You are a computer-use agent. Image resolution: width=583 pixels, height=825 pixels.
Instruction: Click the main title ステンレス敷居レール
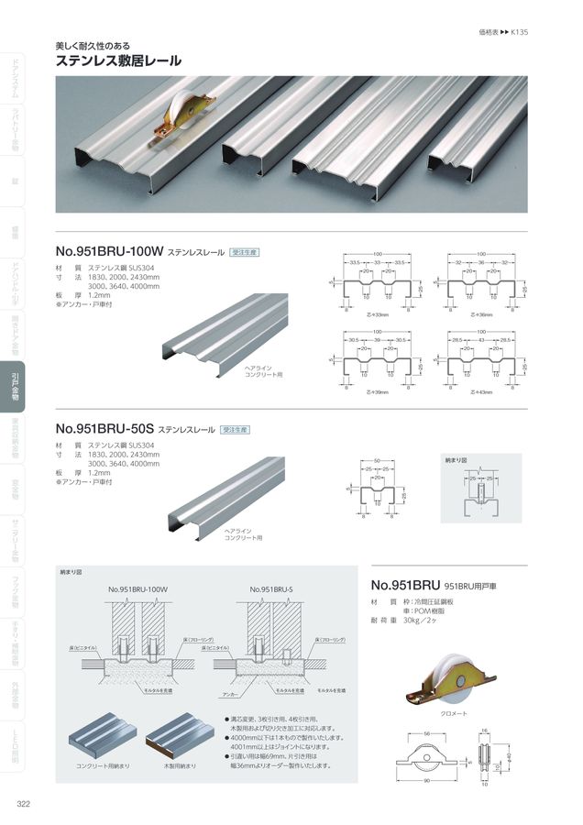tap(118, 61)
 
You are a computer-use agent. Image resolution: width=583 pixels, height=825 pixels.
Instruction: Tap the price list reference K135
tap(518, 31)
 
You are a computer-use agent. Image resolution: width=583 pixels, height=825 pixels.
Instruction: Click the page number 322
tap(25, 804)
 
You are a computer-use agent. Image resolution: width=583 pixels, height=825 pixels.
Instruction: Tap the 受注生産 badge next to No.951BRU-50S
tap(236, 428)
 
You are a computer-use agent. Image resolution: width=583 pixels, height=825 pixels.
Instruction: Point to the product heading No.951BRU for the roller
tap(405, 584)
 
